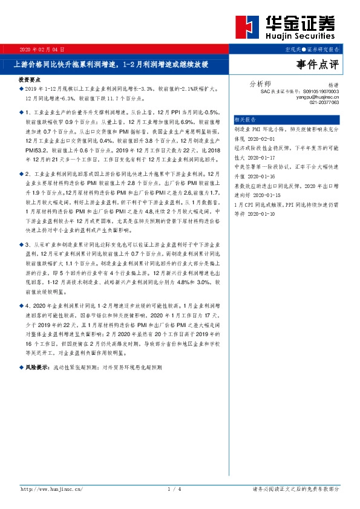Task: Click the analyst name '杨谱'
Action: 333,86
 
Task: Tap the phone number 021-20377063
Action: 324,103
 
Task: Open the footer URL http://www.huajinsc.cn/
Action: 55,488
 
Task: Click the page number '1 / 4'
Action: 175,488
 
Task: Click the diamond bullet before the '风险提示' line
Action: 21,367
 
